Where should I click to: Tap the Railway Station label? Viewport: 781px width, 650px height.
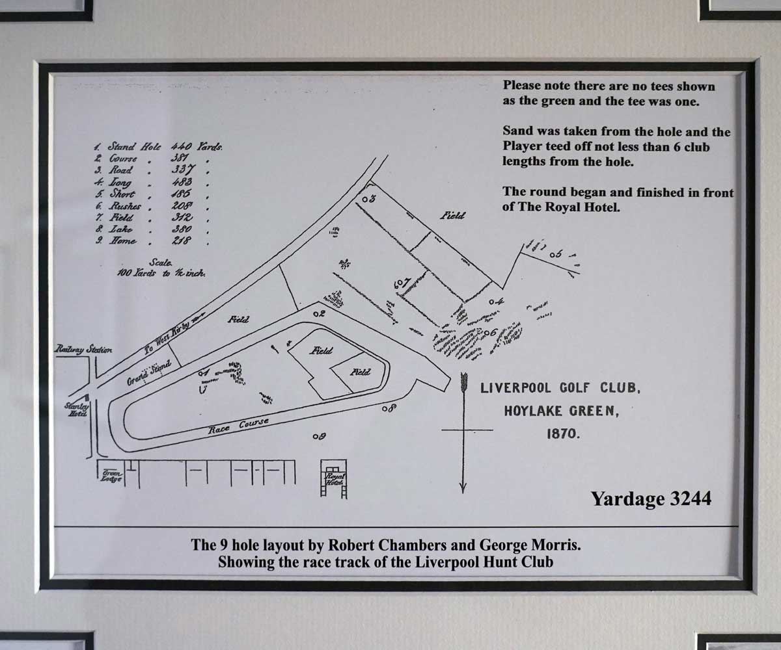[83, 350]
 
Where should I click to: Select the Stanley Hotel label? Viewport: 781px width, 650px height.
[75, 409]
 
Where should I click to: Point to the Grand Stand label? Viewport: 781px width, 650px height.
[148, 373]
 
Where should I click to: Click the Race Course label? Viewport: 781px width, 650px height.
[238, 426]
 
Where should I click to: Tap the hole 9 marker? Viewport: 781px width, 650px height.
[318, 436]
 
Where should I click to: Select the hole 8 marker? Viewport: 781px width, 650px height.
[389, 408]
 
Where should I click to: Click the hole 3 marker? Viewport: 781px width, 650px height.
[368, 198]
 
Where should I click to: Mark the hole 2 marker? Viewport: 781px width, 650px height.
[318, 314]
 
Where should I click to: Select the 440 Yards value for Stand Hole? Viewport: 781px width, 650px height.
[197, 147]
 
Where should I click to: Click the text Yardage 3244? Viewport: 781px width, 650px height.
[650, 499]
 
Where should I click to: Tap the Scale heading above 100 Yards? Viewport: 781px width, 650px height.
[160, 263]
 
